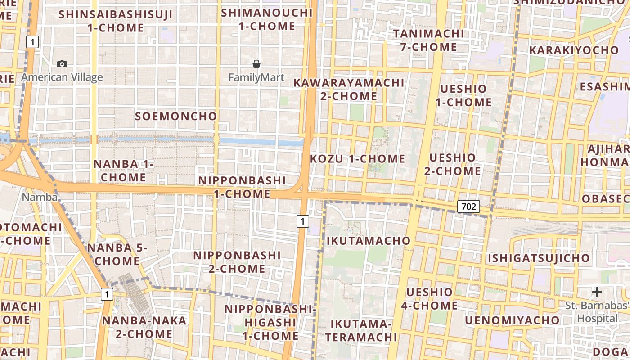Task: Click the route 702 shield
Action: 468,207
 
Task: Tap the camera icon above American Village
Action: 62,64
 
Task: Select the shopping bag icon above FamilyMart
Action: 256,64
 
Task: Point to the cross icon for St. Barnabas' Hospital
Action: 597,292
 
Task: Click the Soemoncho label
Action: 176,116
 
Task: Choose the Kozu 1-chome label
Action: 358,159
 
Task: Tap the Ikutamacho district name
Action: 369,241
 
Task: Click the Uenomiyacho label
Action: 513,320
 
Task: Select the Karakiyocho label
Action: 574,50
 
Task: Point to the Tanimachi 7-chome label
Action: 428,40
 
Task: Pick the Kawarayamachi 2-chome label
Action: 349,90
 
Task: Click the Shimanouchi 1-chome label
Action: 267,19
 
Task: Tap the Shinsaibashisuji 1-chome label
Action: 116,21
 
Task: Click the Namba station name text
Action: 40,197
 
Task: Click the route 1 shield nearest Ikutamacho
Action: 303,221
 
